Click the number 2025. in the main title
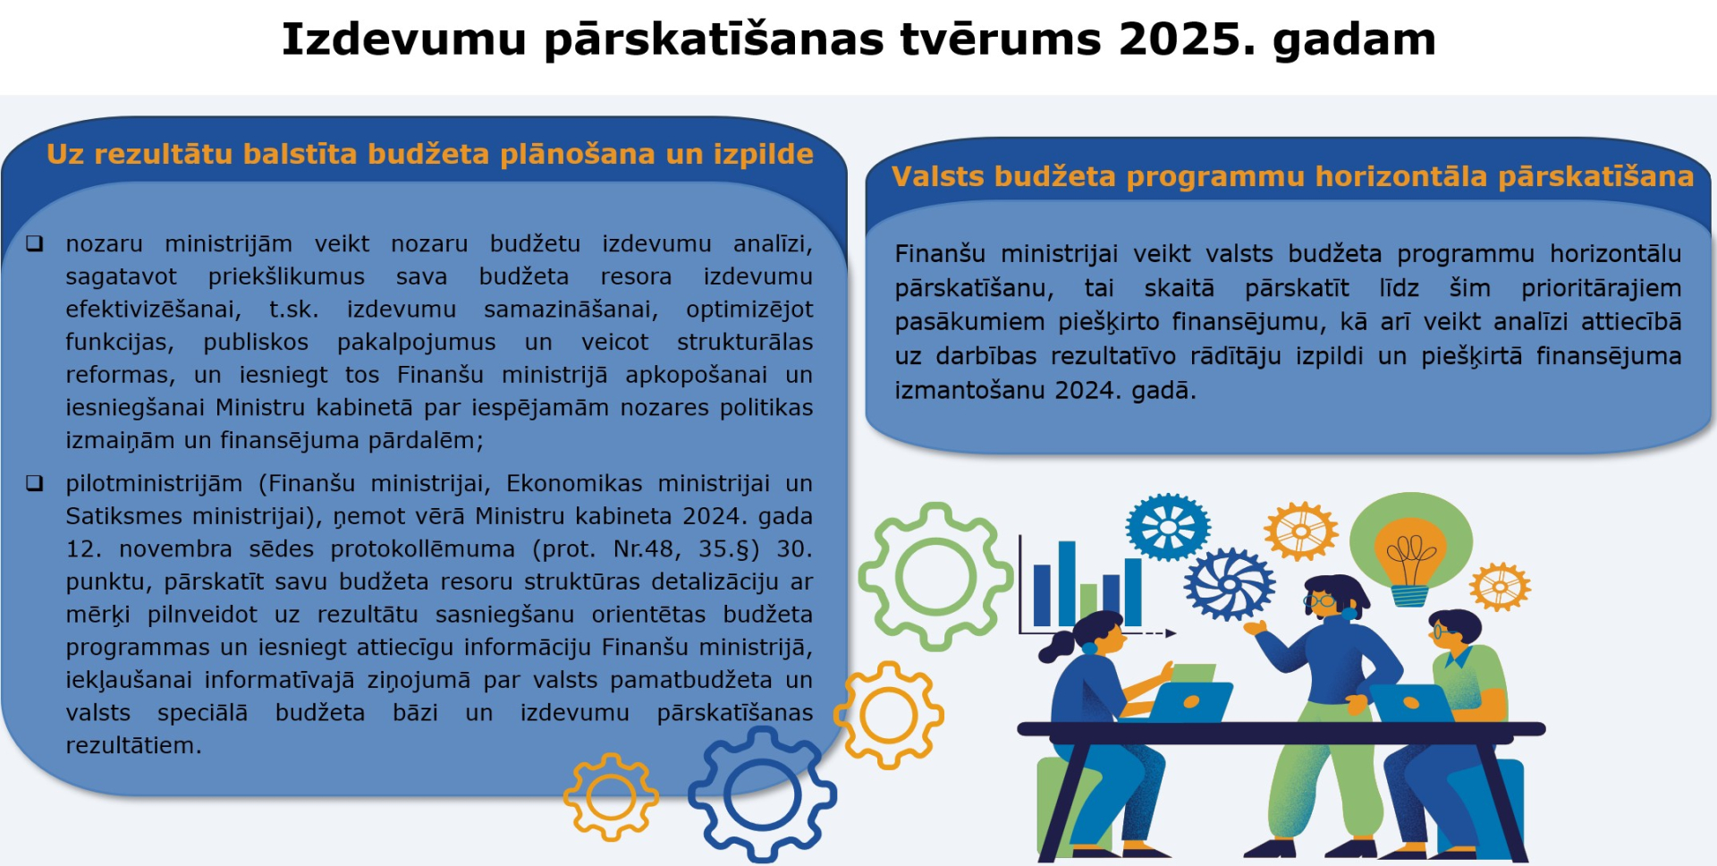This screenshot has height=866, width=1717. click(1187, 39)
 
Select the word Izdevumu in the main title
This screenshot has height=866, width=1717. click(404, 39)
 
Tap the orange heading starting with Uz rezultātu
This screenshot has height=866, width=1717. click(430, 154)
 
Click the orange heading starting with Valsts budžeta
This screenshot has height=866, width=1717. click(1292, 176)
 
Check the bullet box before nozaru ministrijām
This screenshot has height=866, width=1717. click(35, 243)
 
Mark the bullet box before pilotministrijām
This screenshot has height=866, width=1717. click(35, 483)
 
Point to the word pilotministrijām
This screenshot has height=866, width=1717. click(154, 484)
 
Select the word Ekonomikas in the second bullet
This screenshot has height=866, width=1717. click(574, 483)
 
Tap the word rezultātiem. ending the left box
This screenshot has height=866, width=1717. click(133, 745)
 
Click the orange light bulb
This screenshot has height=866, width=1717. click(1410, 559)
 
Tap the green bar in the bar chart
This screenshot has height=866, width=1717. click(1088, 605)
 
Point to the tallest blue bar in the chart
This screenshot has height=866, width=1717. click(1067, 582)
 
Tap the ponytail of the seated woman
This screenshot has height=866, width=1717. click(1057, 644)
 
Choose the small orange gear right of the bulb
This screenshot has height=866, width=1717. click(1501, 587)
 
